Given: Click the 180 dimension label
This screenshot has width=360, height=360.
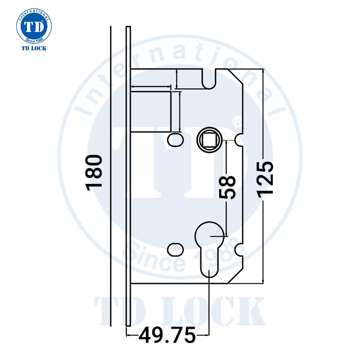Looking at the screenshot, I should pos(94,173).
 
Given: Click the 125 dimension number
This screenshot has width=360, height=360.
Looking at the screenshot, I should pos(266,178).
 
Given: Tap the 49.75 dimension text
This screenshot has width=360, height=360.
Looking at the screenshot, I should pos(167,336).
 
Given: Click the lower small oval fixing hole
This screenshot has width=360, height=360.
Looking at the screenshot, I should pos(175,249).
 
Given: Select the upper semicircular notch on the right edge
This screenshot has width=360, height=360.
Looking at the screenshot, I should pos(240,140).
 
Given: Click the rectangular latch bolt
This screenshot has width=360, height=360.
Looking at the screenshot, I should pos(151,112).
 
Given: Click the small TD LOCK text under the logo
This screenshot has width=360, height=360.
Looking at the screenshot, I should pos(34,48).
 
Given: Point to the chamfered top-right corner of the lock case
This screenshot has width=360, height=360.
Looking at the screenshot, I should pos(235,76).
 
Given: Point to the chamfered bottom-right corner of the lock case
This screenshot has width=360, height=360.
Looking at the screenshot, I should pos(235,276).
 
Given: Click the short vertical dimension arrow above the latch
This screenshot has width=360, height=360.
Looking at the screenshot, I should pos(176,79).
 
